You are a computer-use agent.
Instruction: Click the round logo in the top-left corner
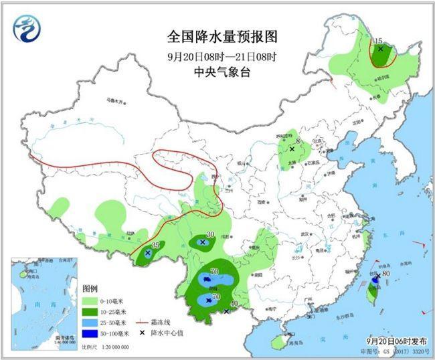[x=27, y=27]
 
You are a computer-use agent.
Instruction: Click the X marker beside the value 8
[x=292, y=149]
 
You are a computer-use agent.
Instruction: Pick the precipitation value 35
[x=155, y=245]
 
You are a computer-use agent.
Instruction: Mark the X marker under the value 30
[x=203, y=242]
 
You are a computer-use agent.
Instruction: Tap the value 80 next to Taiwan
[x=385, y=274]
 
